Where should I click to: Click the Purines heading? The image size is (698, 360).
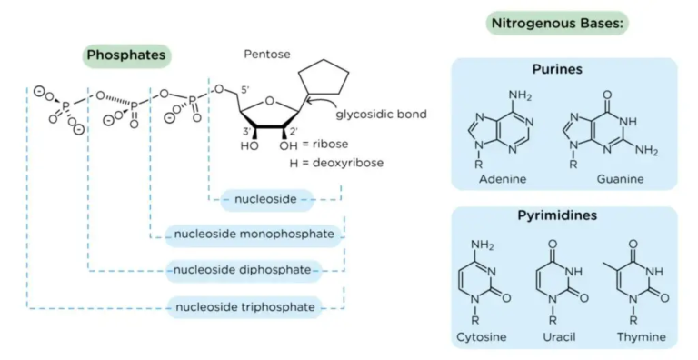tap(557, 68)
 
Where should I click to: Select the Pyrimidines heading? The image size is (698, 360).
tap(564, 217)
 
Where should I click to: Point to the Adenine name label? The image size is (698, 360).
tap(503, 179)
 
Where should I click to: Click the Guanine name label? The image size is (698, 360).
tap(620, 179)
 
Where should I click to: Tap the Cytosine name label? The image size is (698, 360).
tap(482, 337)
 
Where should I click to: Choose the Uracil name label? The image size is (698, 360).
tap(558, 337)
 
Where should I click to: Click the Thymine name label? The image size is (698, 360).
tap(641, 337)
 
